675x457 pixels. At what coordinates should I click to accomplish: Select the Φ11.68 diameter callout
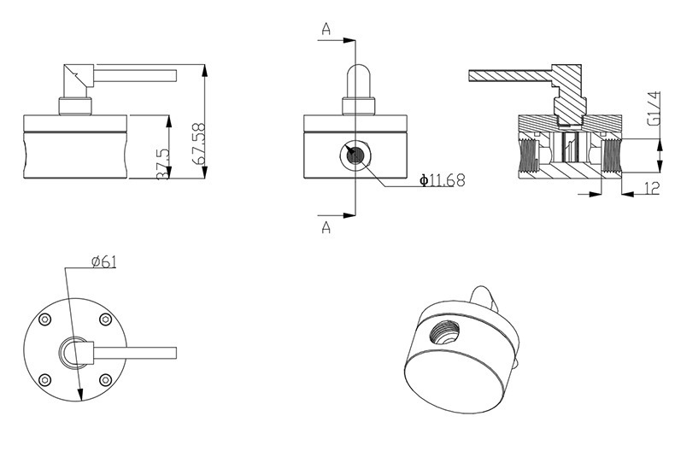443,180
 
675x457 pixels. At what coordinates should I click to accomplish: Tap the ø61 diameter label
103,261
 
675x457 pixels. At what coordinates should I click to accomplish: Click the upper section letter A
326,29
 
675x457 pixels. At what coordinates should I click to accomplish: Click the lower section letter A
326,227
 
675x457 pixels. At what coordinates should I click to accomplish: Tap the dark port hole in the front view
355,155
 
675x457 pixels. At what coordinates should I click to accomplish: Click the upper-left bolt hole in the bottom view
44,319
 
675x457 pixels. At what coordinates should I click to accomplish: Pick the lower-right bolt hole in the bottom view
105,379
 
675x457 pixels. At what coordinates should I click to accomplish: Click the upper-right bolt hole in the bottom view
105,319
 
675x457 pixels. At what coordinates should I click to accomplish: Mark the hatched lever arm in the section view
504,75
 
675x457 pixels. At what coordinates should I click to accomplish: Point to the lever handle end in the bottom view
171,353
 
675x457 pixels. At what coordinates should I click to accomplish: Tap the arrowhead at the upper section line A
349,39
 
